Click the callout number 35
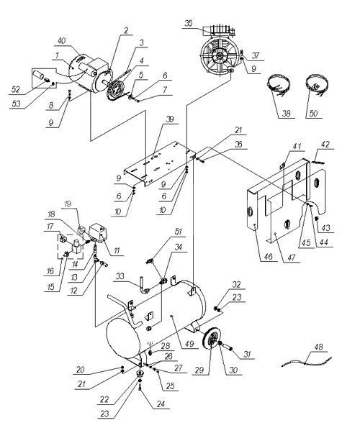pyautogui.click(x=189, y=23)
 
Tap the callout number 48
pyautogui.click(x=318, y=347)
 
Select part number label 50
pyautogui.click(x=313, y=113)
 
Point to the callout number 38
pyautogui.click(x=286, y=113)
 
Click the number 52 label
pyautogui.click(x=16, y=89)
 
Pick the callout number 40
pyautogui.click(x=62, y=41)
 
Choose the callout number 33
pyautogui.click(x=120, y=276)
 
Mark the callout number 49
pyautogui.click(x=189, y=344)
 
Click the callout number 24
pyautogui.click(x=161, y=404)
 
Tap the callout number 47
pyautogui.click(x=292, y=258)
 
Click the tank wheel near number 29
pyautogui.click(x=212, y=339)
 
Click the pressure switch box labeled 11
pyautogui.click(x=99, y=232)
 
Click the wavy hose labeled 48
pyautogui.click(x=307, y=363)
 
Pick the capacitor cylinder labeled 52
pyautogui.click(x=38, y=74)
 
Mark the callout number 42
pyautogui.click(x=325, y=145)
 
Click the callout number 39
pyautogui.click(x=170, y=119)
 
